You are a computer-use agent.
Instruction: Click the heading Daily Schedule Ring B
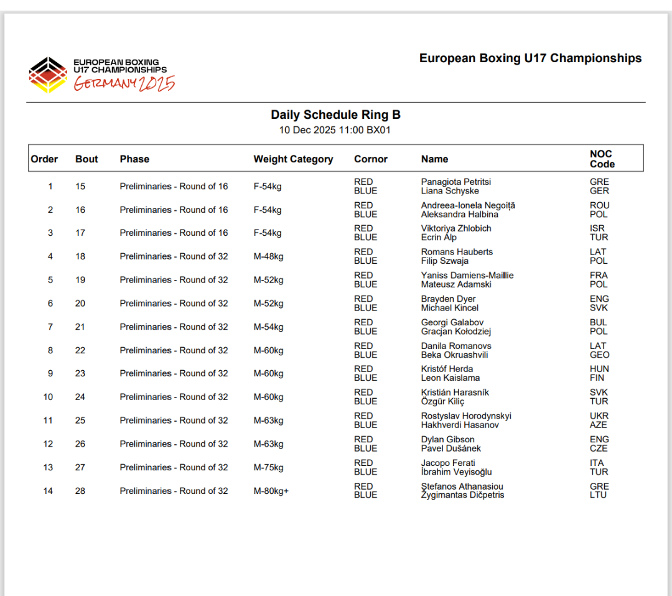(335, 115)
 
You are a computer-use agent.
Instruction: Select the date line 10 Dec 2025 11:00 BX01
(335, 130)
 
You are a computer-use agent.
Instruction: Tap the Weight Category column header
(293, 159)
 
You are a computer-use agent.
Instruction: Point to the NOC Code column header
(602, 159)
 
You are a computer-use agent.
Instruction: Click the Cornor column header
(371, 159)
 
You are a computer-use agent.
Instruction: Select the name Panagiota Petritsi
(456, 182)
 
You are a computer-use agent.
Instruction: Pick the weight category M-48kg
(268, 256)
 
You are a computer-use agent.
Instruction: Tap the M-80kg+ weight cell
(271, 491)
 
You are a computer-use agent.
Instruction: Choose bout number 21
(80, 327)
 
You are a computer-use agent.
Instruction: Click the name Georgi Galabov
(452, 322)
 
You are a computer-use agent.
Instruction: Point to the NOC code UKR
(599, 416)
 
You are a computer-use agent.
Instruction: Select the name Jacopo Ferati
(448, 463)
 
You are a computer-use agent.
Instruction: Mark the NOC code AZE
(599, 425)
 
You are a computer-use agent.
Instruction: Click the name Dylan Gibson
(448, 439)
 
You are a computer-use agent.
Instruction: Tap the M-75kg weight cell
(268, 467)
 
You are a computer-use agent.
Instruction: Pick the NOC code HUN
(599, 369)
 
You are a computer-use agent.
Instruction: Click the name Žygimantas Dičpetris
(462, 495)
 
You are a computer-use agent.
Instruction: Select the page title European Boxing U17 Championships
(530, 58)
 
